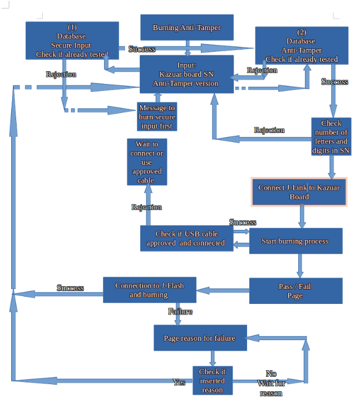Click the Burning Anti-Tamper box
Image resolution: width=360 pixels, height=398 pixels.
tap(186, 28)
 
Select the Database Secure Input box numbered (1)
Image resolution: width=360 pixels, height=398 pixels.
tap(72, 41)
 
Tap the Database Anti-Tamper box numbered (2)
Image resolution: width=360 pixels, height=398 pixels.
tap(301, 46)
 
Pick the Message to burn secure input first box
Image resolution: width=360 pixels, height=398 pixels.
tap(156, 117)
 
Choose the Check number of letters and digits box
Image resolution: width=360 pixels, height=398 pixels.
tap(331, 136)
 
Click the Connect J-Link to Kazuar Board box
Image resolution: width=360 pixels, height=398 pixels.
tap(299, 192)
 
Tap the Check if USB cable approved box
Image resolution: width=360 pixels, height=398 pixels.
tap(186, 238)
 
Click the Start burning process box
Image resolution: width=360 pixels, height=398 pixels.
tap(295, 241)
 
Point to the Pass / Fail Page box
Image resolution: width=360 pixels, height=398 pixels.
tap(295, 291)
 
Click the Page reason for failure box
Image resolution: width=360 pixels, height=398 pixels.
tap(200, 338)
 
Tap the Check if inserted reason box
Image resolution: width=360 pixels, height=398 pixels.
tap(212, 381)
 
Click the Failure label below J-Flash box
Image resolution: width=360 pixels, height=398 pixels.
tap(180, 312)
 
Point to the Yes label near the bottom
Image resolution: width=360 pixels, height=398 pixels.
tap(179, 382)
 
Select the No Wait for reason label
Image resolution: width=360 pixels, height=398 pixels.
tap(271, 383)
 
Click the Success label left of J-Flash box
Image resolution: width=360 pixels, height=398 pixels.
tap(70, 288)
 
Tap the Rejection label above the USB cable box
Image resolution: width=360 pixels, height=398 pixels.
tap(146, 207)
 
